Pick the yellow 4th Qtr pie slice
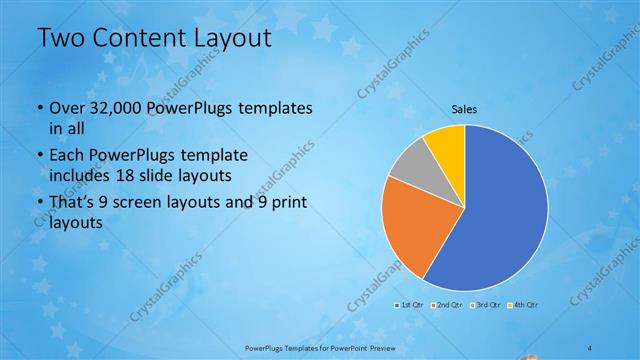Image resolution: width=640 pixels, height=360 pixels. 447,144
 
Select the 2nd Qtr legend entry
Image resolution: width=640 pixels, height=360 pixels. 446,304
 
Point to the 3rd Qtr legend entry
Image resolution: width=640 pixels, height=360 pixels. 485,304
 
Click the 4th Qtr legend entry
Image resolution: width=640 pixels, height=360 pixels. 523,304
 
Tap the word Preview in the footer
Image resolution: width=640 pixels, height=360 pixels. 375,346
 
